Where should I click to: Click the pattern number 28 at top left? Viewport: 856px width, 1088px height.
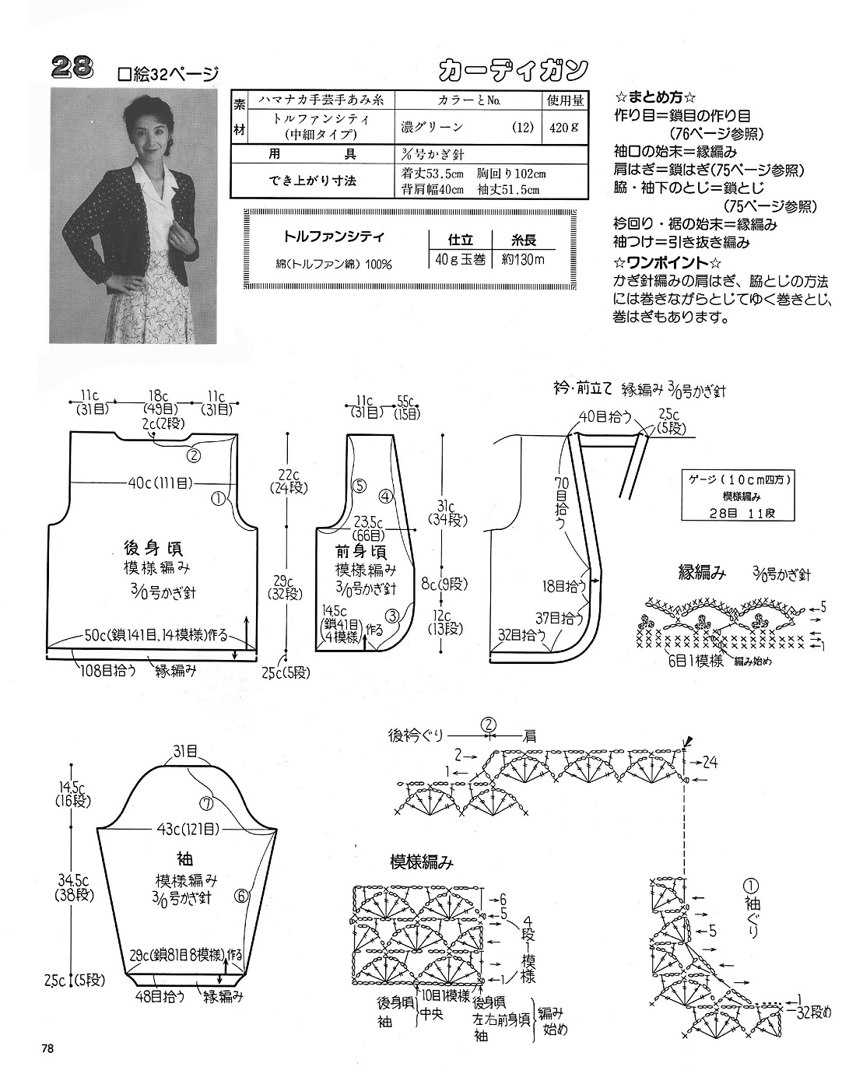pyautogui.click(x=72, y=69)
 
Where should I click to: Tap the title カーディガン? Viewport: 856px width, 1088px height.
pyautogui.click(x=512, y=71)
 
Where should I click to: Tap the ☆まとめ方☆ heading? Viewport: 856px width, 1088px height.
pyautogui.click(x=655, y=98)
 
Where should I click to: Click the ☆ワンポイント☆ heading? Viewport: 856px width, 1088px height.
pyautogui.click(x=668, y=261)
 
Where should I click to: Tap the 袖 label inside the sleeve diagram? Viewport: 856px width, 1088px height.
pyautogui.click(x=185, y=860)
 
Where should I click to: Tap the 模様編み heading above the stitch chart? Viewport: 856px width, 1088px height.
pyautogui.click(x=421, y=862)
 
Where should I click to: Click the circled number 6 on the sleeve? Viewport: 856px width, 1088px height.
pyautogui.click(x=242, y=896)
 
